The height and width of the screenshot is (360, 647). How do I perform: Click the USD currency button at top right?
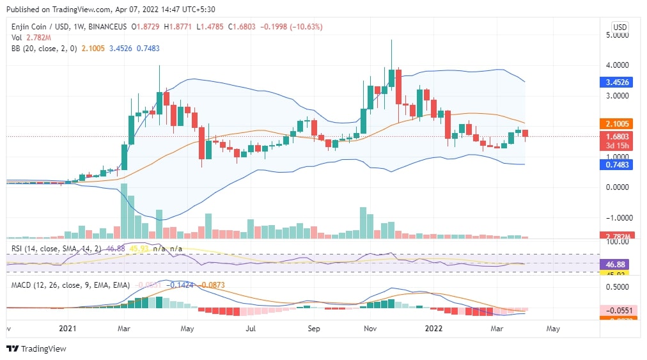pos(620,27)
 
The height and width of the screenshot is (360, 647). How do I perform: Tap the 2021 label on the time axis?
pos(67,329)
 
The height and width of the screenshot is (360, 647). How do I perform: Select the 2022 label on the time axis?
pos(433,329)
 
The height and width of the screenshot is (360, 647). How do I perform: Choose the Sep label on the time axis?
pos(313,329)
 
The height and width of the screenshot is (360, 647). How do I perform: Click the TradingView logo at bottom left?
pos(36,348)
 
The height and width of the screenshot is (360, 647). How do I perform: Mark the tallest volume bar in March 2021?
pos(124,211)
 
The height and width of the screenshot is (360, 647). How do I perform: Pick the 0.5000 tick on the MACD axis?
pos(618,286)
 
